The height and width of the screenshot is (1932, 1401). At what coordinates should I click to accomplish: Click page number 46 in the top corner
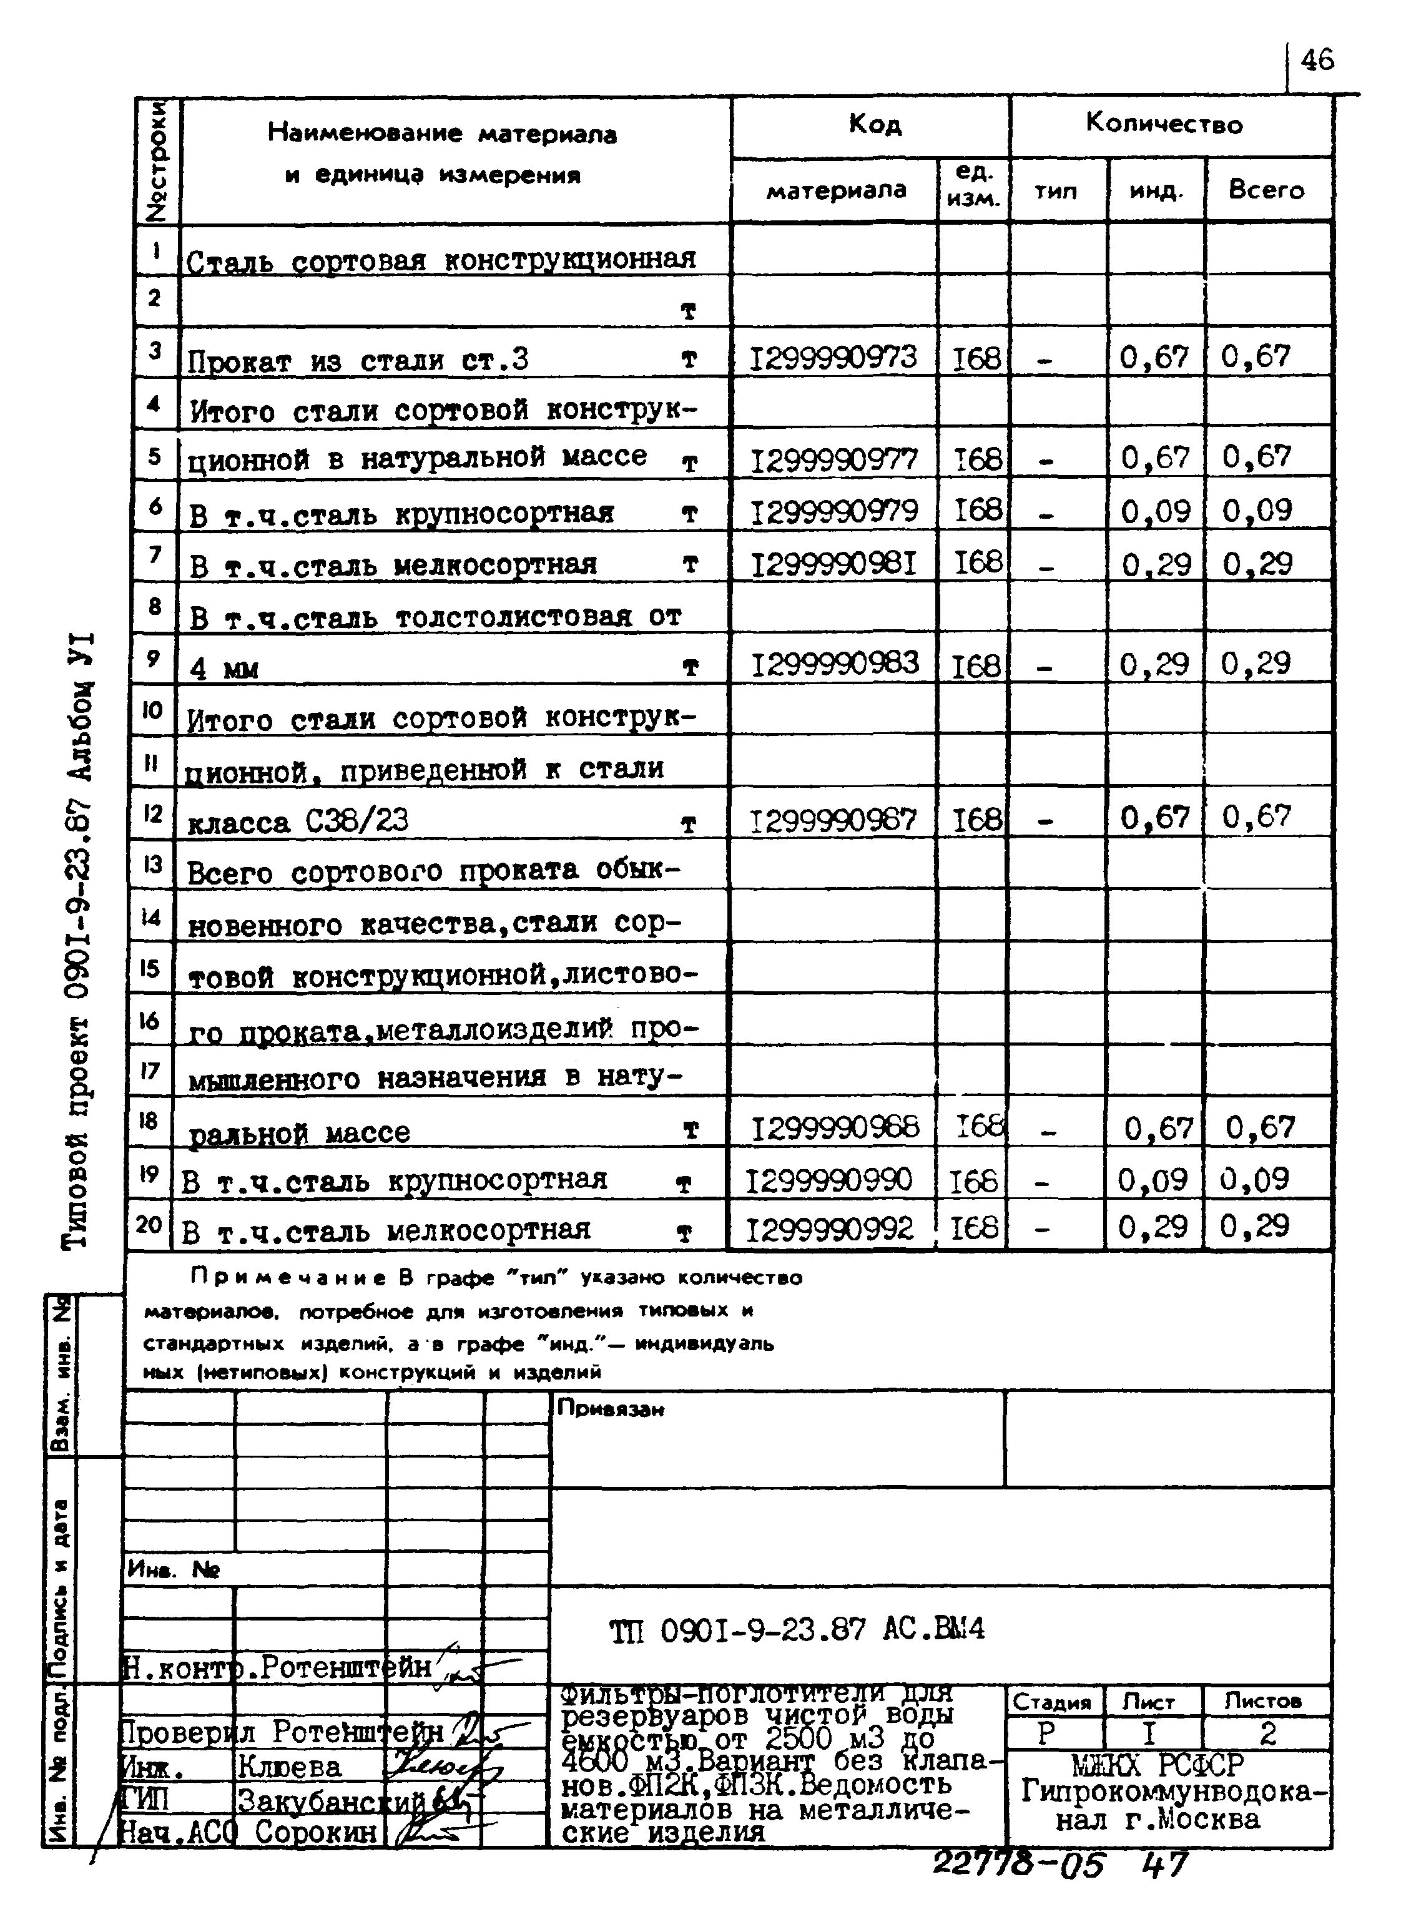coord(1317,60)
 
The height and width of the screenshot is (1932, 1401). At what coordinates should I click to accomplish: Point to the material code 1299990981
coord(833,563)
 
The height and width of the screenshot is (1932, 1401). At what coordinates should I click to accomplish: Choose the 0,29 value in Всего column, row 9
coord(1256,664)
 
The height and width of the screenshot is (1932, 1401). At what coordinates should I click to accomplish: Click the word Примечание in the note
coord(290,1278)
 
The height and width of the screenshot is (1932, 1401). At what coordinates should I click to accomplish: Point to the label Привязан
coord(610,1409)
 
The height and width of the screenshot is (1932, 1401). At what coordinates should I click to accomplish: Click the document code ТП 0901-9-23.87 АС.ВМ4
coord(797,1630)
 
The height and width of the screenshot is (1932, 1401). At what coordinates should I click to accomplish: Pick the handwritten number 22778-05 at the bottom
coord(1018,1865)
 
